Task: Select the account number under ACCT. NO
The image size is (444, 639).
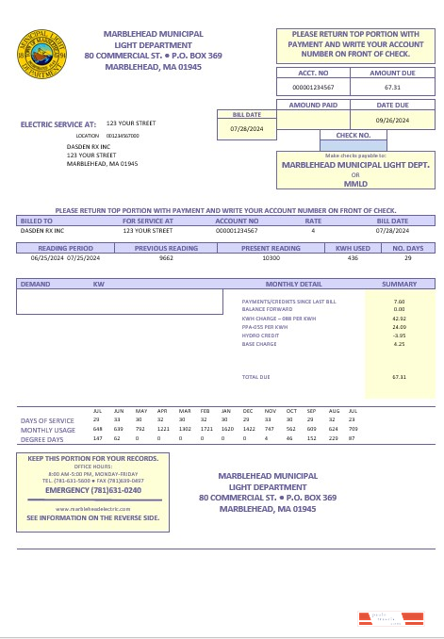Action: pyautogui.click(x=313, y=87)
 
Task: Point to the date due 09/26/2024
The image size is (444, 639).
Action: pyautogui.click(x=392, y=121)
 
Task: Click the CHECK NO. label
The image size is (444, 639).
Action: pyautogui.click(x=354, y=135)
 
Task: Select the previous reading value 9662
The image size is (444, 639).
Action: pyautogui.click(x=166, y=257)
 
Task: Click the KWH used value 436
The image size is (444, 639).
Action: pyautogui.click(x=353, y=257)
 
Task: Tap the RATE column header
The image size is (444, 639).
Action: pyautogui.click(x=312, y=221)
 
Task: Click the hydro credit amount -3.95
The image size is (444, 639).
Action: pyautogui.click(x=399, y=336)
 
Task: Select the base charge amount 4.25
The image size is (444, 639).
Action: pyautogui.click(x=399, y=344)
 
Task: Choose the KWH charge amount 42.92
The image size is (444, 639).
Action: pyautogui.click(x=399, y=319)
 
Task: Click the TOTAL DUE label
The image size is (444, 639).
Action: pyautogui.click(x=255, y=377)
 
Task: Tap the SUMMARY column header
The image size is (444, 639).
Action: pyautogui.click(x=399, y=284)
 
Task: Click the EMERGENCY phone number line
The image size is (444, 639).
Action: pyautogui.click(x=93, y=490)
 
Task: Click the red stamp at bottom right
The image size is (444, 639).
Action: pyautogui.click(x=380, y=619)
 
